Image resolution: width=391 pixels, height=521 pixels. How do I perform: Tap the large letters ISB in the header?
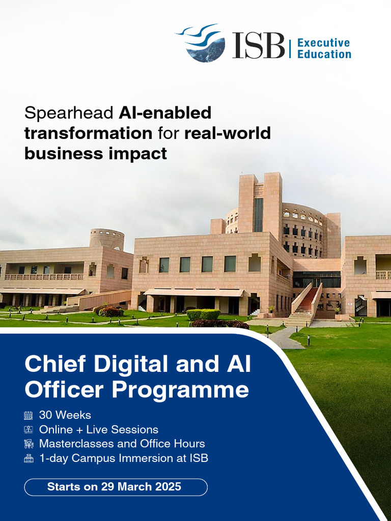tap(258, 45)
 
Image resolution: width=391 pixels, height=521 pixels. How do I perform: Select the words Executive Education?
tap(324, 48)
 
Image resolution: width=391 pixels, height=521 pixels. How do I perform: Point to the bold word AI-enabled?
tap(165, 113)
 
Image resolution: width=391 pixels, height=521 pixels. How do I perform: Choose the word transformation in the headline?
tap(88, 133)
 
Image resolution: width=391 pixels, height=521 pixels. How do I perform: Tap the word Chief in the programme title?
tap(54, 365)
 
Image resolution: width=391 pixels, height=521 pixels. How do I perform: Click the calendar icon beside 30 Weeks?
tap(29, 415)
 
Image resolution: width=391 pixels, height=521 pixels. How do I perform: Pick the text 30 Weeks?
tap(65, 415)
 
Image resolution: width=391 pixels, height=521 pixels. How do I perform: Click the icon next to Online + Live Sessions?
tap(29, 429)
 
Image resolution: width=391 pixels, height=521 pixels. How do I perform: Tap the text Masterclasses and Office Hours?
tap(122, 444)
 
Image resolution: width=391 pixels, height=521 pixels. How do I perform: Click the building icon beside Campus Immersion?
tap(29, 458)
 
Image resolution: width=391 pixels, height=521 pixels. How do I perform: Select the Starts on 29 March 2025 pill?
tap(116, 487)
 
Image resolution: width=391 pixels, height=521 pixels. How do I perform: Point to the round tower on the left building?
tap(107, 239)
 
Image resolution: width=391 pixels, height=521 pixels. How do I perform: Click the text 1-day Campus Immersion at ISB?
tap(124, 458)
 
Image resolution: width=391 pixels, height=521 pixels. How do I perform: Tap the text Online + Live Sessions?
tap(99, 429)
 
